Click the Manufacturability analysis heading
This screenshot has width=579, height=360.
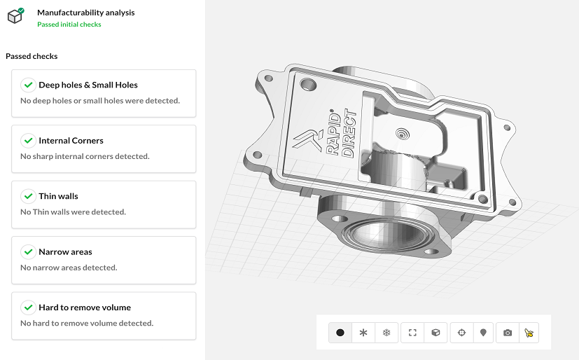pyautogui.click(x=85, y=13)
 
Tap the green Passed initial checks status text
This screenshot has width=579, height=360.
pyautogui.click(x=69, y=25)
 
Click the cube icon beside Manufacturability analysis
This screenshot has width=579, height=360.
pyautogui.click(x=15, y=16)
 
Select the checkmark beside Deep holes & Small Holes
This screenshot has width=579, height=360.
pyautogui.click(x=28, y=85)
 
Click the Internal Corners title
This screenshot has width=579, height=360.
pyautogui.click(x=71, y=141)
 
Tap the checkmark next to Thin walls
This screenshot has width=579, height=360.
pyautogui.click(x=28, y=196)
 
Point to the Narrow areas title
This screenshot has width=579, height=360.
pyautogui.click(x=65, y=252)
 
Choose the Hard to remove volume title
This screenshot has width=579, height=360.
pyautogui.click(x=85, y=307)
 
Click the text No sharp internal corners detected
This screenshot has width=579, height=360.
pyautogui.click(x=85, y=156)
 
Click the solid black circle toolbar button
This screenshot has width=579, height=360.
pyautogui.click(x=340, y=333)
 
